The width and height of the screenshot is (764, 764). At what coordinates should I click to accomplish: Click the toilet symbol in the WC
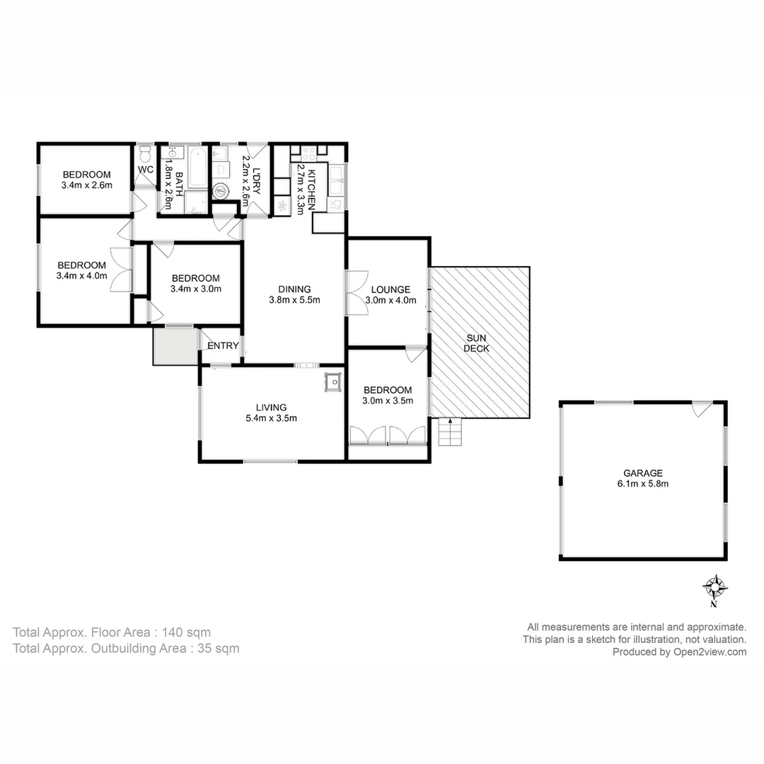tap(145, 154)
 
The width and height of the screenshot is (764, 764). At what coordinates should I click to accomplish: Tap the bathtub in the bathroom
tap(198, 167)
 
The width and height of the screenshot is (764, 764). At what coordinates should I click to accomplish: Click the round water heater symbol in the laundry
tap(221, 190)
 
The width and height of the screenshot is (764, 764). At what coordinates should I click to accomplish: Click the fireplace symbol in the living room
tap(332, 381)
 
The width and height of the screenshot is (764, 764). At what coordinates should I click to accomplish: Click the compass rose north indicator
tap(716, 587)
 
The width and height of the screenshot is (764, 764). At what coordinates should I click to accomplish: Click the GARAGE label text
tap(642, 473)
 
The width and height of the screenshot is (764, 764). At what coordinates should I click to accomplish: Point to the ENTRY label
tap(223, 346)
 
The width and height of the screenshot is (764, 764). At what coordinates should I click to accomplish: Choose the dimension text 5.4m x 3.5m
tap(272, 418)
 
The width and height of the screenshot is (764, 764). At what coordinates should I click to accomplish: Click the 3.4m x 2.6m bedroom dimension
tap(86, 186)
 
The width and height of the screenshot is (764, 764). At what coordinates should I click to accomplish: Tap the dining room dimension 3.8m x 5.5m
tap(294, 300)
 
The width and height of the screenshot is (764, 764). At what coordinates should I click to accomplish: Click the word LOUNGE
tap(390, 289)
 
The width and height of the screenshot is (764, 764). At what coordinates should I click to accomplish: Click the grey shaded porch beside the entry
tap(175, 347)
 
